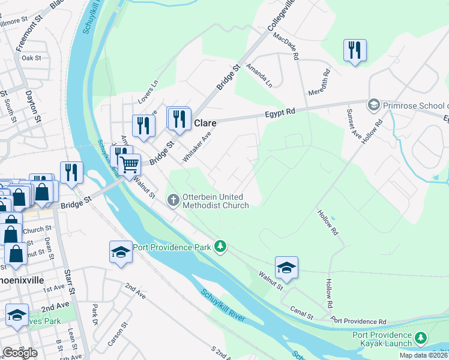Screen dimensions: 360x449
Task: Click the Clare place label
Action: point(205,123)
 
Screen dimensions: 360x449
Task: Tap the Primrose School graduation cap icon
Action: point(373,105)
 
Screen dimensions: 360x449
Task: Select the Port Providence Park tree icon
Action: point(221,246)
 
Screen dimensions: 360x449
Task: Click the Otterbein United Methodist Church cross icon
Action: point(173,199)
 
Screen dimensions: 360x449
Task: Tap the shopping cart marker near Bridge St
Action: point(130,164)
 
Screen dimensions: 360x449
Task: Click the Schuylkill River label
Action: point(223,305)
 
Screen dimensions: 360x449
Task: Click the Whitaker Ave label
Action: point(197,147)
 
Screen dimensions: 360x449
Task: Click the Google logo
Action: point(20,353)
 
